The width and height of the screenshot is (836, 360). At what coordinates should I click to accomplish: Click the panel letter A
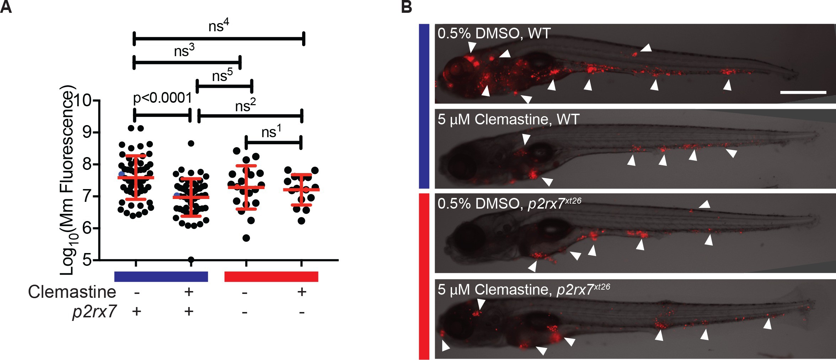tap(6, 7)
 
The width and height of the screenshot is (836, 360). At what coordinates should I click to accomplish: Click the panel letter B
tap(406, 7)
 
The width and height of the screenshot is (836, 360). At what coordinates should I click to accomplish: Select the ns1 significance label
tap(271, 132)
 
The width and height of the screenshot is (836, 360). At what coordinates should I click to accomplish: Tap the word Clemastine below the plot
tap(72, 292)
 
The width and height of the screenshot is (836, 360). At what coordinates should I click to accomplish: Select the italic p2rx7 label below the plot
tap(94, 312)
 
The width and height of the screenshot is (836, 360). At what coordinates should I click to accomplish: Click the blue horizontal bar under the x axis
tap(161, 276)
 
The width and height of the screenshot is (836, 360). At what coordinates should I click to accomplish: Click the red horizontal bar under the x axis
tap(271, 276)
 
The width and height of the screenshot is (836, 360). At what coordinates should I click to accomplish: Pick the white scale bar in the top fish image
tap(803, 92)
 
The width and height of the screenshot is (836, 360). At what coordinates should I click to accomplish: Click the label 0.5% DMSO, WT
tap(494, 33)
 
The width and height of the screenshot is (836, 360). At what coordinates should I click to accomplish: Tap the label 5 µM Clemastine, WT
tap(508, 119)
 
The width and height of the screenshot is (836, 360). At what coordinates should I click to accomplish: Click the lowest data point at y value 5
tap(191, 259)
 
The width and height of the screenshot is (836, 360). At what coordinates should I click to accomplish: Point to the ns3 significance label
tap(184, 51)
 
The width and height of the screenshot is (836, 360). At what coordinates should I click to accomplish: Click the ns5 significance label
tap(222, 75)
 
